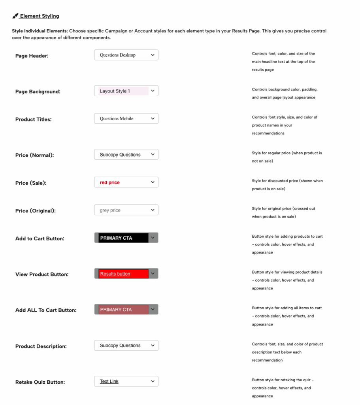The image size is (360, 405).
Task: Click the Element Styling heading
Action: (40, 16)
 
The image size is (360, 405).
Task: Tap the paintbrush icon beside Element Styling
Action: (15, 16)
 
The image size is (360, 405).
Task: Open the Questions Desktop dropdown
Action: (126, 55)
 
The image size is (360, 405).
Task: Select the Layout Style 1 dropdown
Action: (126, 91)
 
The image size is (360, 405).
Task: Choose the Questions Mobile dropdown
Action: (126, 119)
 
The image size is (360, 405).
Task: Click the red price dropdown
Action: (126, 182)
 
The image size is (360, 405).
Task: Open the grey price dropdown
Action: (126, 210)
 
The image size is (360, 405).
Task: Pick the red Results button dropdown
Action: (126, 274)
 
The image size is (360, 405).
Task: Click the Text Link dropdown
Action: (126, 381)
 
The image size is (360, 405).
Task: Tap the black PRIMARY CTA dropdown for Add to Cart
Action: (126, 238)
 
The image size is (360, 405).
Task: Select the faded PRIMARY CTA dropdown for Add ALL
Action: (126, 309)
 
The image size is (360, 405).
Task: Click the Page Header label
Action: (32, 56)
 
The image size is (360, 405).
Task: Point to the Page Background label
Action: (38, 92)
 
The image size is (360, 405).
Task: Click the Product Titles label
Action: (33, 119)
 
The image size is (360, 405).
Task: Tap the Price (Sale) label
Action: (30, 183)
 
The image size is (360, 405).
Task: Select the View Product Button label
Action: (41, 274)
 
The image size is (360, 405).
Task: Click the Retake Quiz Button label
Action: (40, 382)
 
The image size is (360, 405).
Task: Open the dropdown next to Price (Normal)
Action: (126, 155)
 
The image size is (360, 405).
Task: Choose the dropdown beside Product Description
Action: (126, 345)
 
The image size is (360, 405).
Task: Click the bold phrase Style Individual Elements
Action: (40, 31)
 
